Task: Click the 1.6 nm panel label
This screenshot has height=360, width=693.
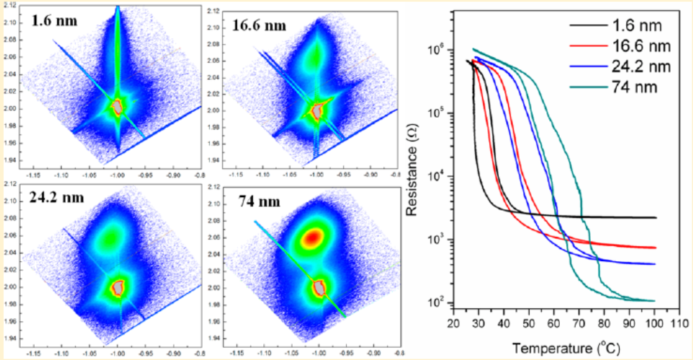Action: pos(53,21)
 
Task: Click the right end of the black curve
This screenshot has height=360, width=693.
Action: pos(655,218)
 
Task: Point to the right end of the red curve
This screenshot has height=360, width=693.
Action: pos(655,247)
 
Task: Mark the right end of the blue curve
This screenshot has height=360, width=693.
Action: pos(655,264)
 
